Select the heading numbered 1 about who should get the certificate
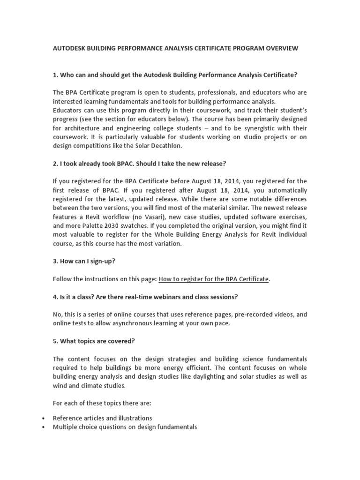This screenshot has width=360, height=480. click(x=175, y=75)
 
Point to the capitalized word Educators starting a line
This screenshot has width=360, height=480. click(x=68, y=110)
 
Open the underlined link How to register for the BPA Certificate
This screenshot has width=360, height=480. click(x=214, y=279)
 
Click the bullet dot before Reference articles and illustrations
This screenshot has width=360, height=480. click(x=43, y=418)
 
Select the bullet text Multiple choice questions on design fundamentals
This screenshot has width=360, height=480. click(x=125, y=427)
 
